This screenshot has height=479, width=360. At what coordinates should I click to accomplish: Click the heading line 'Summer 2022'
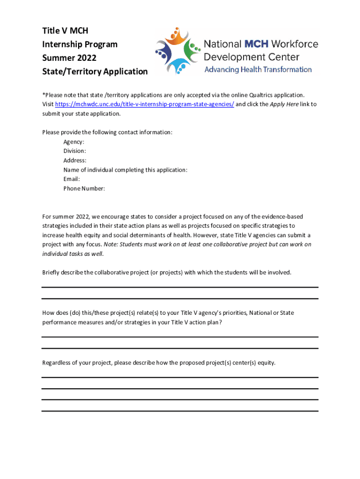[69, 58]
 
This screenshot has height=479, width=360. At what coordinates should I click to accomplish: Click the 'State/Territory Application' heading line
[95, 72]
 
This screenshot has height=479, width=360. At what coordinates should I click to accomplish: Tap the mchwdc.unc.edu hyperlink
[144, 104]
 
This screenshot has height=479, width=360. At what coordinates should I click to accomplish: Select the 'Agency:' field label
[74, 142]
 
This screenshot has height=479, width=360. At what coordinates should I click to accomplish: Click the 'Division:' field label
[75, 151]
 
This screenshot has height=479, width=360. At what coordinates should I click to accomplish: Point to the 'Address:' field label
[75, 160]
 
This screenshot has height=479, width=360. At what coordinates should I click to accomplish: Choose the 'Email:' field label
[72, 179]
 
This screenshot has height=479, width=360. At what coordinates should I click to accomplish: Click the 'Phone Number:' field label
[84, 189]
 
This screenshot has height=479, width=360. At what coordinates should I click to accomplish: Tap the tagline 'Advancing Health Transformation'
[258, 70]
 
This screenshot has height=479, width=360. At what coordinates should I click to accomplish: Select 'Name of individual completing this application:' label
[125, 170]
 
